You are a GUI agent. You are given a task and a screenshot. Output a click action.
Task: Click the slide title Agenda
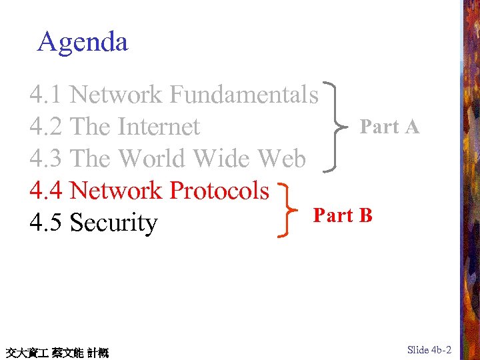(83, 42)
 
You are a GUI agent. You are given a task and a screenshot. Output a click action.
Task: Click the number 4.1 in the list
(45, 95)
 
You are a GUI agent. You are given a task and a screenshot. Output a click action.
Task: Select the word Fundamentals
(244, 95)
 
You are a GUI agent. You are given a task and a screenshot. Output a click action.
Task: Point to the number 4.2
(45, 127)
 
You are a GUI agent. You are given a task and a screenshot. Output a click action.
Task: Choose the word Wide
(222, 159)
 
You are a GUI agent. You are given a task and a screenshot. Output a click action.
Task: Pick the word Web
(281, 159)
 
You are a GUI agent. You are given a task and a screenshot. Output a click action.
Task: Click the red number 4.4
(45, 191)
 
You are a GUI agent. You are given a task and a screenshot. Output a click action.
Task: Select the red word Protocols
(219, 191)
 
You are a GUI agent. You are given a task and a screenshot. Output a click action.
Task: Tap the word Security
(113, 223)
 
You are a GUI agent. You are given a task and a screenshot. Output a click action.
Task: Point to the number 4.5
(45, 223)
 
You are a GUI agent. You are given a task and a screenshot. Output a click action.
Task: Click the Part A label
(389, 127)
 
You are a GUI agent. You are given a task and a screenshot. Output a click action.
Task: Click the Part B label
(343, 215)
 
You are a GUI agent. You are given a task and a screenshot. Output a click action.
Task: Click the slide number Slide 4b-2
(429, 350)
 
